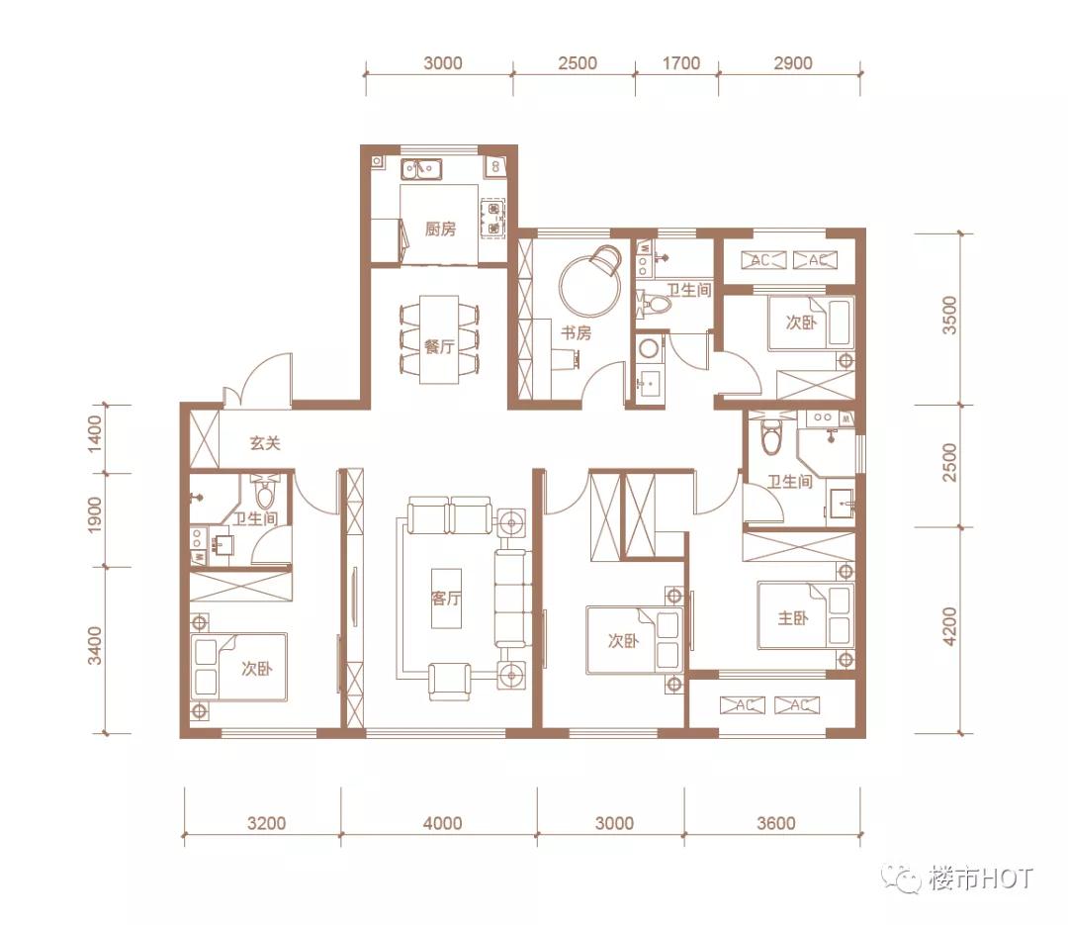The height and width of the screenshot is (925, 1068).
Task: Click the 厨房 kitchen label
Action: click(x=440, y=230)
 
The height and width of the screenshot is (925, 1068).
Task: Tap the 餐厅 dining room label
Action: click(x=439, y=347)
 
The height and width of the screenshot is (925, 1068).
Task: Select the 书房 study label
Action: click(x=576, y=333)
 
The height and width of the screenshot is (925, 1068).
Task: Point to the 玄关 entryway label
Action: click(x=265, y=443)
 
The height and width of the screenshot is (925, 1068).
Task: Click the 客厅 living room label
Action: click(x=447, y=599)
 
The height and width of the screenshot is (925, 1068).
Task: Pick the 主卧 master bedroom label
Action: click(x=793, y=618)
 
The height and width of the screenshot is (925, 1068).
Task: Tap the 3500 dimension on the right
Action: click(x=950, y=318)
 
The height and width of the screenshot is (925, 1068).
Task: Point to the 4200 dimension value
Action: click(x=950, y=625)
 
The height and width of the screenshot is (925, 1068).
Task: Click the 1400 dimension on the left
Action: click(x=95, y=435)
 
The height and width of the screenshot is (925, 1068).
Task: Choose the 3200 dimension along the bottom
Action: click(x=265, y=823)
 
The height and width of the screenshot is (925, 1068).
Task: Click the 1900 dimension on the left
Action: click(x=95, y=516)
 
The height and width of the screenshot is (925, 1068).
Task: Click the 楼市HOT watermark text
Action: click(x=980, y=878)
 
